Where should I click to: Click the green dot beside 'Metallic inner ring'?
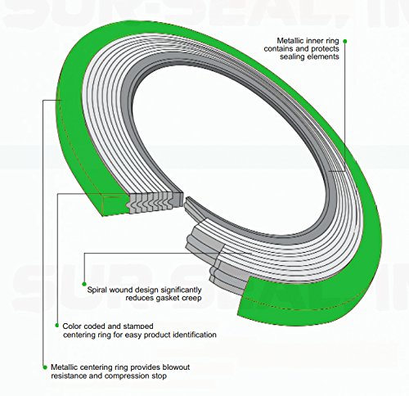click(345, 41)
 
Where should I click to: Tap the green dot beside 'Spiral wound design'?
click(84, 284)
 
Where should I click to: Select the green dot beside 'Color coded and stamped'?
click(57, 326)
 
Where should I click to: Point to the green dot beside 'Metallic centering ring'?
click(45, 367)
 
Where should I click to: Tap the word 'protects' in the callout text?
click(326, 49)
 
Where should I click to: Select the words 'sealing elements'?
click(309, 56)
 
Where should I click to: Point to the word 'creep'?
click(192, 298)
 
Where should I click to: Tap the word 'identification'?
click(195, 335)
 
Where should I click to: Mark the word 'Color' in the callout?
click(72, 326)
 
